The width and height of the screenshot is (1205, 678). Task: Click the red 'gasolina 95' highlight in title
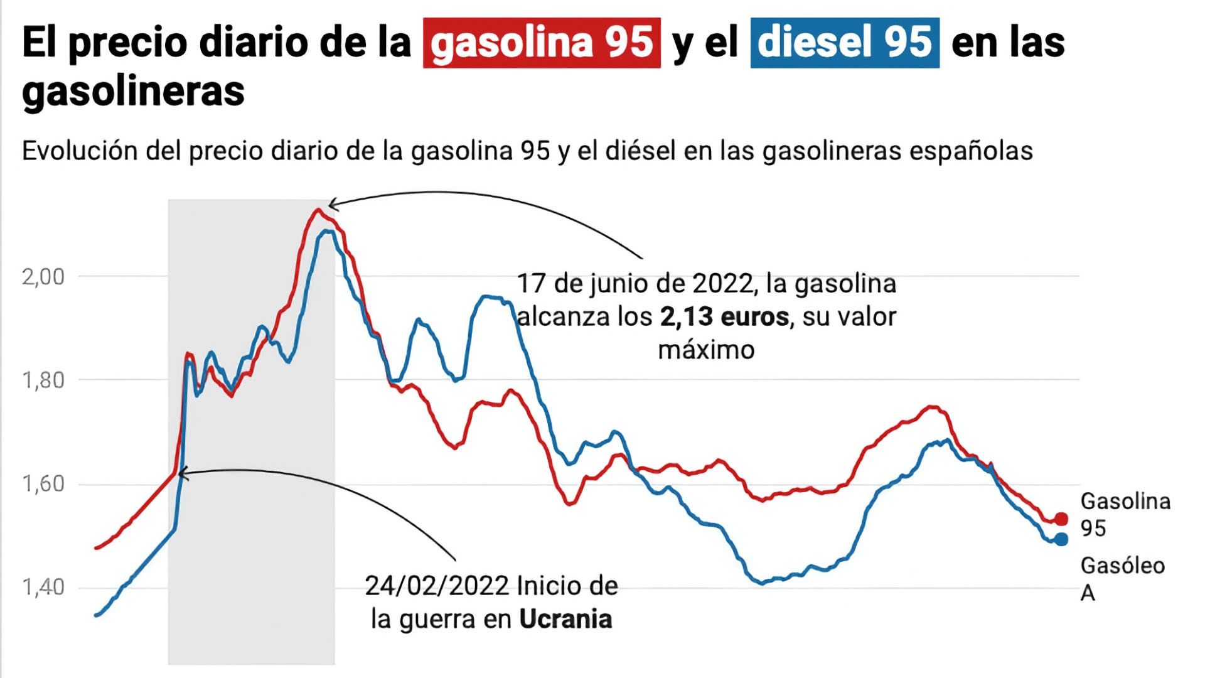coord(542,43)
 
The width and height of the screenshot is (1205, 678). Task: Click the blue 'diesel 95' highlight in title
coord(845,43)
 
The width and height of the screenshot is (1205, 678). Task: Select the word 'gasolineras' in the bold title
coord(133,92)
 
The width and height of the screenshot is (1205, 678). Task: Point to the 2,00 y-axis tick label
coord(43,276)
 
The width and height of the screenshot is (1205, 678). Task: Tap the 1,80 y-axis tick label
coord(43,380)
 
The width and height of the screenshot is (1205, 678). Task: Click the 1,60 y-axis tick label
coord(43,483)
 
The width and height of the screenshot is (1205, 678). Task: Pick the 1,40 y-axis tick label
coord(43,587)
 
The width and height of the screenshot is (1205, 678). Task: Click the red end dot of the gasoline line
coord(1061,519)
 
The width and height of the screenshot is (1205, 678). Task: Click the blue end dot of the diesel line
coord(1061,539)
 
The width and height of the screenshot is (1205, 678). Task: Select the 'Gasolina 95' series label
coord(1125,515)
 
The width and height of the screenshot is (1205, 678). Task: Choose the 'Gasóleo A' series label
coord(1122,579)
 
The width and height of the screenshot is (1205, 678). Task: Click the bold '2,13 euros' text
coord(724,316)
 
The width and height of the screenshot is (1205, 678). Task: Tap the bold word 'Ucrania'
coord(565,619)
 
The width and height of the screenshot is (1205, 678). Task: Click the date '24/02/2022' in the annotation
coord(437,586)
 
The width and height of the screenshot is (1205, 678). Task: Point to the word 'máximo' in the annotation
coord(706,350)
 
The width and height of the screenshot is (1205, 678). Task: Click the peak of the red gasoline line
coord(318,210)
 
